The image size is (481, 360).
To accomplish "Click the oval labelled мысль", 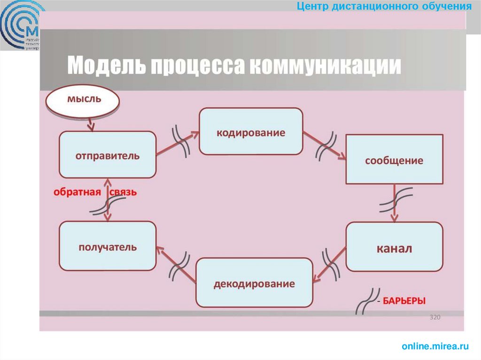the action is coord(84,100).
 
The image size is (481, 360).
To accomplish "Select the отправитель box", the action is coord(108,155).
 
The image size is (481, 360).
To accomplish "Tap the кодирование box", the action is coord(250,131).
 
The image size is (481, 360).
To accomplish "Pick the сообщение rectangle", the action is coord(394,160).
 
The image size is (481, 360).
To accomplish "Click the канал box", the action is coord(394,247).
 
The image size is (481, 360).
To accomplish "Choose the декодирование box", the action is coord(254,283).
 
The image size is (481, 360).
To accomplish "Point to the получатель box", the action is coord(108,246).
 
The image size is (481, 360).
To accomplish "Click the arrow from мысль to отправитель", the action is coord(90,124).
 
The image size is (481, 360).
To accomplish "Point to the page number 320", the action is coord(435,318).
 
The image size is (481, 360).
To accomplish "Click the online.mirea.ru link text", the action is coord(435,346).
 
